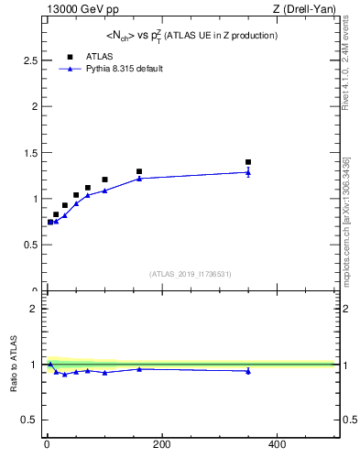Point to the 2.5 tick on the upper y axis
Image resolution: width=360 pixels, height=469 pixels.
click(x=29, y=60)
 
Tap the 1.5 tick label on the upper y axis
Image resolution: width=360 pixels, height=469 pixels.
click(x=29, y=152)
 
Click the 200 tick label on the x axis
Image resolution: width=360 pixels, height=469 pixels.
click(x=161, y=445)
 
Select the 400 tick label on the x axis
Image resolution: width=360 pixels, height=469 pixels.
click(x=276, y=445)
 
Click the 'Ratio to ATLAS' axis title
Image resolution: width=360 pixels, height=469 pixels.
click(x=15, y=365)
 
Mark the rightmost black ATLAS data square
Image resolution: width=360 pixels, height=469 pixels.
click(x=248, y=162)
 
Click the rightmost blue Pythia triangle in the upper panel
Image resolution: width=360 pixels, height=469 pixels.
click(x=248, y=172)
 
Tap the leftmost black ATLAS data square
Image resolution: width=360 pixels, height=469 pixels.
click(x=50, y=222)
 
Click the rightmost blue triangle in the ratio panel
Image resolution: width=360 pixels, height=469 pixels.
click(x=248, y=371)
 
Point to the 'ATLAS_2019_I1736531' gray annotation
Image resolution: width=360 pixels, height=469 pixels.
click(x=191, y=274)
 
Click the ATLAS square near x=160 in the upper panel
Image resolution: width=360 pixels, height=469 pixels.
click(x=139, y=171)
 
